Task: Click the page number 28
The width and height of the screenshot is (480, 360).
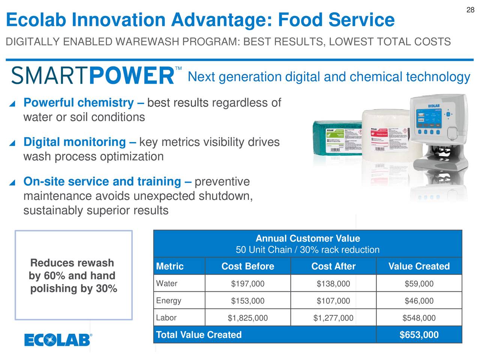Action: pos(470,10)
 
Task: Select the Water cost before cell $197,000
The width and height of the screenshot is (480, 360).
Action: pos(247,284)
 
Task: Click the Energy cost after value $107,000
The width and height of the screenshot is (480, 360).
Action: pos(333,301)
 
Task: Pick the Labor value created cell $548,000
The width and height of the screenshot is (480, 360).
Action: pos(419,318)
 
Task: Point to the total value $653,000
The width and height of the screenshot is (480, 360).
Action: pos(419,335)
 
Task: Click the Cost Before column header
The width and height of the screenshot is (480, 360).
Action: pos(247,266)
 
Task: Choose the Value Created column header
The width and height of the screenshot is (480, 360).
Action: pos(419,266)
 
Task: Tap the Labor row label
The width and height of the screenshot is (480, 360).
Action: pos(166,318)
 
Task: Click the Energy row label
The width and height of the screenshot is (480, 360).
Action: pos(168,301)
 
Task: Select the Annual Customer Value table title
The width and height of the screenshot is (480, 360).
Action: pos(307,239)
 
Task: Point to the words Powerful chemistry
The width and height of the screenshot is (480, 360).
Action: pos(78,103)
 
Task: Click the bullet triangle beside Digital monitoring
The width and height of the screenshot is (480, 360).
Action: pos(12,143)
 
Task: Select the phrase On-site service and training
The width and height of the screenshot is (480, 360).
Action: pos(102,182)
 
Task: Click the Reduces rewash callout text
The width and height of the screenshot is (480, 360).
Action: pos(73,276)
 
